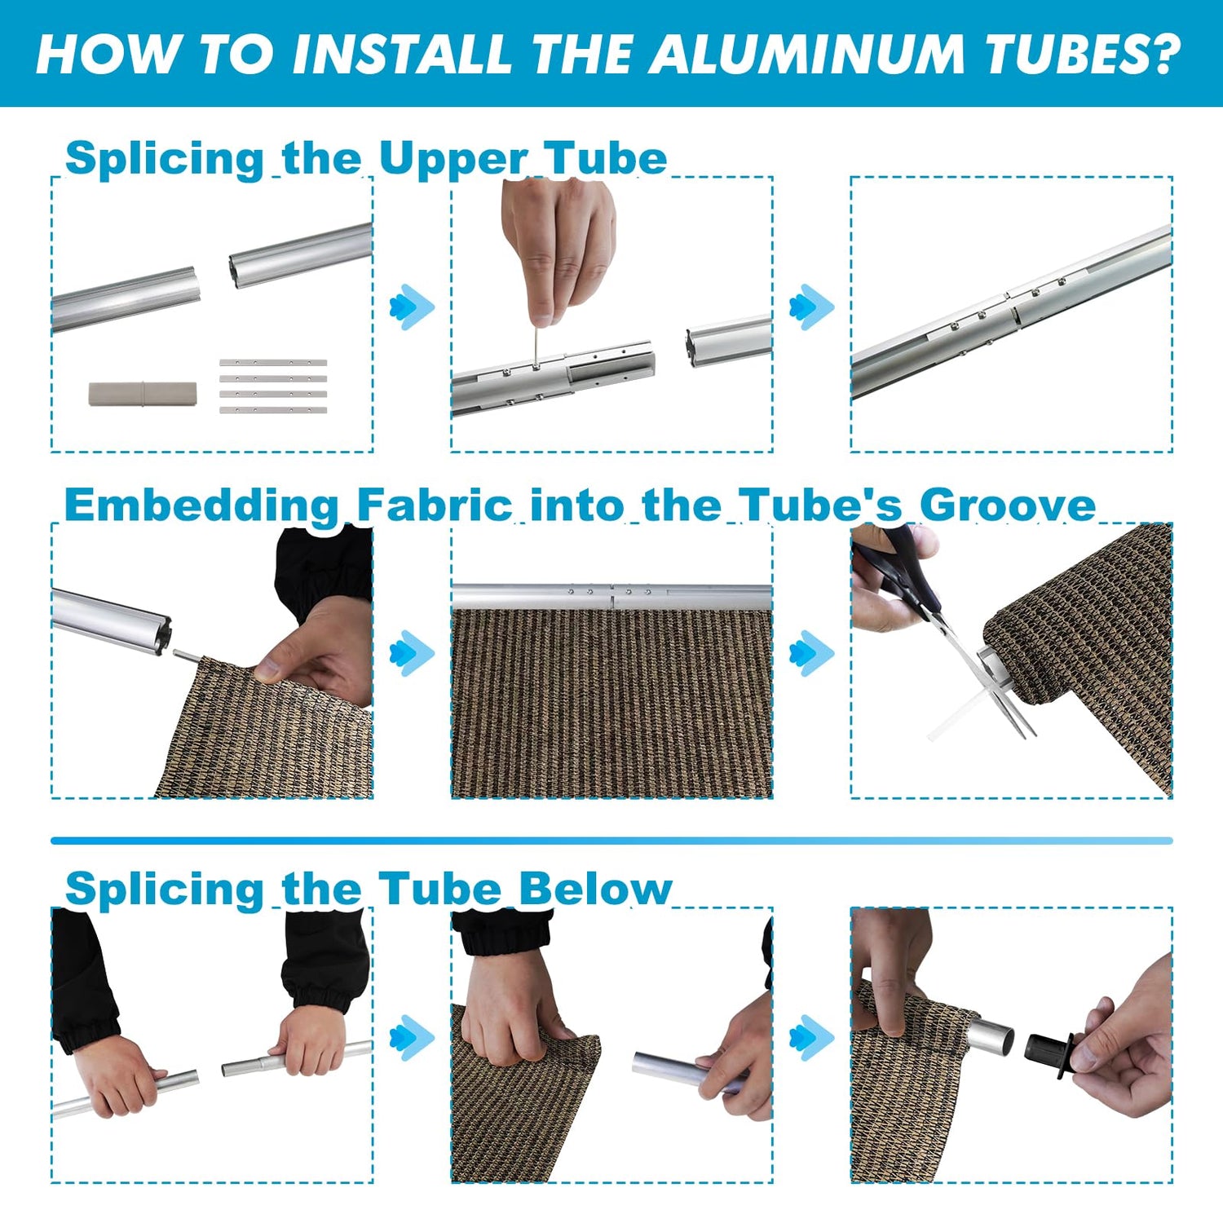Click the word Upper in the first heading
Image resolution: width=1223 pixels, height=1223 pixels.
coord(453,159)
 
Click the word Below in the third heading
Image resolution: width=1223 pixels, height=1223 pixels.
coord(595,888)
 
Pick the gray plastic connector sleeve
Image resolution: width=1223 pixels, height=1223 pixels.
coord(143,394)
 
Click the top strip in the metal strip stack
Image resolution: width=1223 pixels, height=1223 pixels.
coord(273,362)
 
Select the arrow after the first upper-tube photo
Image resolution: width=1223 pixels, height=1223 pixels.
coord(413,307)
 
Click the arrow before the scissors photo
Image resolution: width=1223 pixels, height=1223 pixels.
coord(812,652)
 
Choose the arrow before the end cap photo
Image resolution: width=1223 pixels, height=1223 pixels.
coord(812,1037)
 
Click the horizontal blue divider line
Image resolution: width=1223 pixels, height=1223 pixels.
coord(611,840)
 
